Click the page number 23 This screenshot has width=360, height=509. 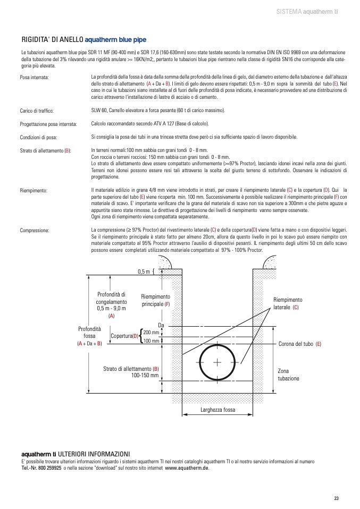click(x=337, y=498)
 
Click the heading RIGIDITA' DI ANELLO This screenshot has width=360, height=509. click(x=52, y=39)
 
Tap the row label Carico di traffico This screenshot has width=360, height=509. click(x=37, y=111)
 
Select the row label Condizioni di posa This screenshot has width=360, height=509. click(x=38, y=137)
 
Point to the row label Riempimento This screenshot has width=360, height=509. click(x=34, y=190)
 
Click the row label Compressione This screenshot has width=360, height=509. click(x=35, y=231)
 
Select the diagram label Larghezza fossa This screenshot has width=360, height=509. click(x=217, y=410)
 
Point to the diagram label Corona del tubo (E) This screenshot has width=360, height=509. click(x=300, y=344)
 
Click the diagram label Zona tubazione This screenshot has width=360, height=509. click(x=288, y=374)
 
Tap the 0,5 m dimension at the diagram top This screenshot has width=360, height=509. click(x=144, y=272)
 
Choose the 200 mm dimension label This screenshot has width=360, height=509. click(x=151, y=332)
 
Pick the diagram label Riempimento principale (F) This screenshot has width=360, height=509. click(x=156, y=300)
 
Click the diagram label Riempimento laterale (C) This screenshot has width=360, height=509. click(x=287, y=303)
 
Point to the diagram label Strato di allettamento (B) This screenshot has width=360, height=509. click(x=131, y=372)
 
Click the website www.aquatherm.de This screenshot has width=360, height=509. click(x=187, y=468)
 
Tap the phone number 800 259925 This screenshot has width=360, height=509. click(x=46, y=468)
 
